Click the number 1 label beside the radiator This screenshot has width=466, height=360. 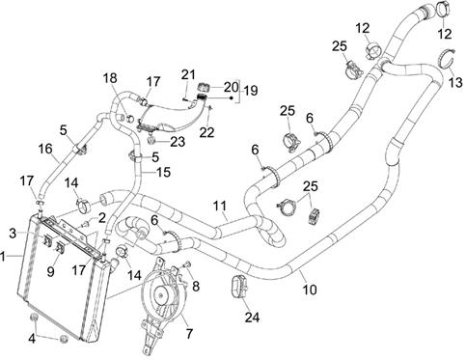coord(3,257)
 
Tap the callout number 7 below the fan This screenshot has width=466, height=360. coord(190,334)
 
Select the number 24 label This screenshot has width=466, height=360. coord(252,318)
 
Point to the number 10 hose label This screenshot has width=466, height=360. coord(310,290)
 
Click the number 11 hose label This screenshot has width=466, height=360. coord(220,206)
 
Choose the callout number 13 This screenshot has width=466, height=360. coord(455,82)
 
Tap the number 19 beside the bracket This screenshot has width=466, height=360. coord(251,91)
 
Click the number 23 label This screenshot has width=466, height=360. coord(178,142)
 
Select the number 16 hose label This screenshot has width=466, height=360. coord(45,149)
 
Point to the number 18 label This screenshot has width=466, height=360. coord(110,78)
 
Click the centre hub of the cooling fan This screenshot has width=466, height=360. coord(160,294)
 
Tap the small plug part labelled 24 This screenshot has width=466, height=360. coord(239,287)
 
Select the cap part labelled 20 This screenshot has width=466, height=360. coord(203,87)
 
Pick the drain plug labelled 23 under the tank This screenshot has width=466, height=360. coord(151,140)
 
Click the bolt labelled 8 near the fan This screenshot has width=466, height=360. coord(187,264)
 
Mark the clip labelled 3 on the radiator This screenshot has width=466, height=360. coord(48,240)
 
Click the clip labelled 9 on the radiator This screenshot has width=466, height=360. coord(60,247)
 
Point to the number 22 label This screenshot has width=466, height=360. coord(206,132)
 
